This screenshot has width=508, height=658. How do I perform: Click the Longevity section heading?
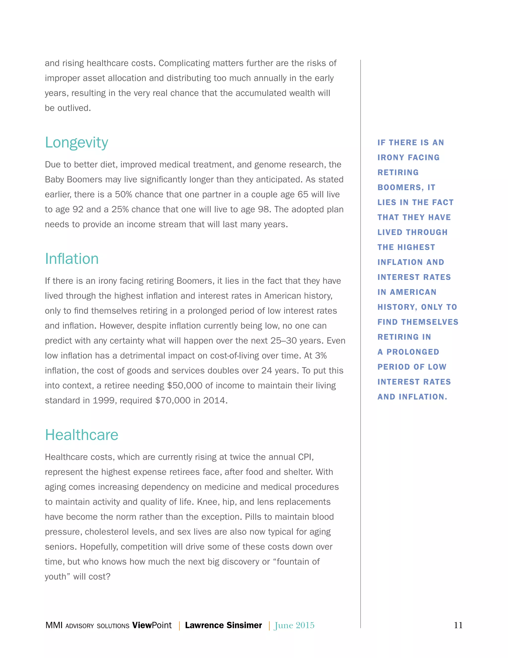pos(76,143)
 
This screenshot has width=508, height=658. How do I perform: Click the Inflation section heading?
pos(72,259)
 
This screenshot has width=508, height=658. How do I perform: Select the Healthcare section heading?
pos(82,435)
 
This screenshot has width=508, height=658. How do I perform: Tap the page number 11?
pos(458,625)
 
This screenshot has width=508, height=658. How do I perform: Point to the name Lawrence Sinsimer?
pos(223,625)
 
